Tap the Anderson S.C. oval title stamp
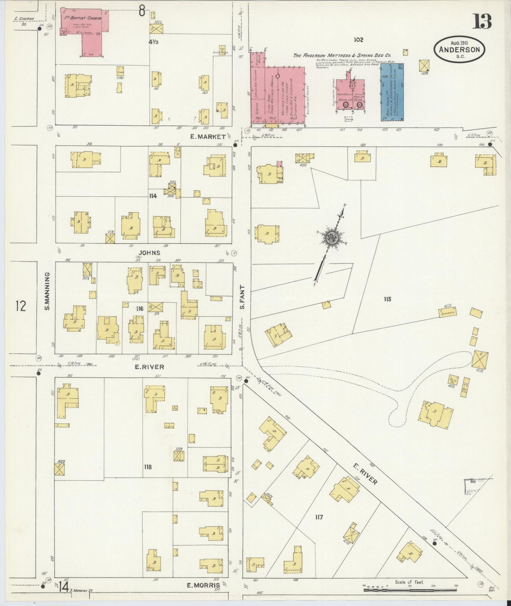pyautogui.click(x=459, y=49)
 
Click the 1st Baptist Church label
pyautogui.click(x=83, y=18)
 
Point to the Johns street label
pyautogui.click(x=149, y=252)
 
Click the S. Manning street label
pyautogui.click(x=47, y=291)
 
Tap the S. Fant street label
pyautogui.click(x=242, y=297)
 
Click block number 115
pyautogui.click(x=388, y=299)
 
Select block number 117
pyautogui.click(x=319, y=517)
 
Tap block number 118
pyautogui.click(x=147, y=467)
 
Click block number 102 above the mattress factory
pyautogui.click(x=358, y=40)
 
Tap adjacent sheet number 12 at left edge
pyautogui.click(x=21, y=305)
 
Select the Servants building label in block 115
pyautogui.click(x=447, y=312)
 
